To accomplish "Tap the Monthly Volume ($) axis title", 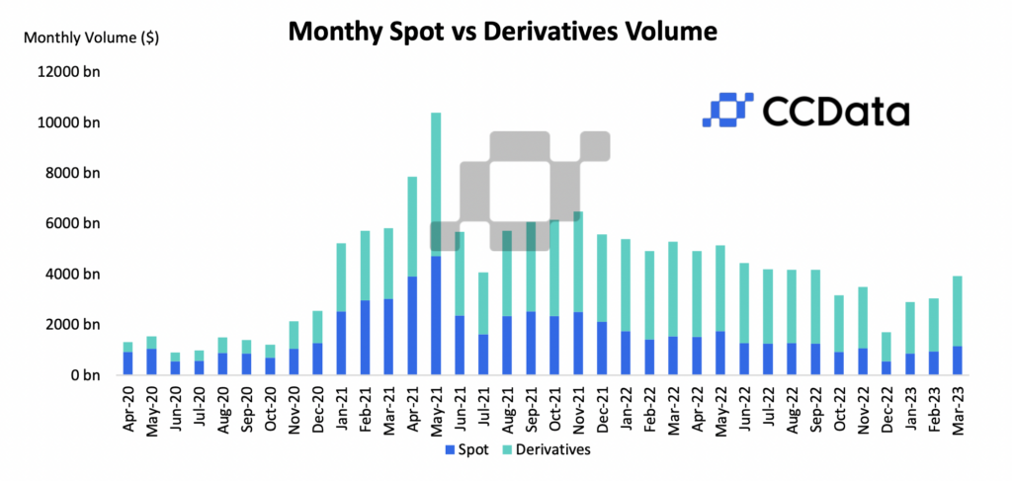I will (x=91, y=39).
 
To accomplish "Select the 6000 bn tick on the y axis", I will (x=74, y=224).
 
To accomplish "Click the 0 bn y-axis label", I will (x=86, y=375).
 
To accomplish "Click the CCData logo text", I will (x=835, y=111).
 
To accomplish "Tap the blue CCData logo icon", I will (x=727, y=110).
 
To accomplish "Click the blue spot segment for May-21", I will (x=436, y=316).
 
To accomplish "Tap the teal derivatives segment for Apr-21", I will (x=412, y=226).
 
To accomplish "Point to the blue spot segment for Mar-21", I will (x=388, y=337).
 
